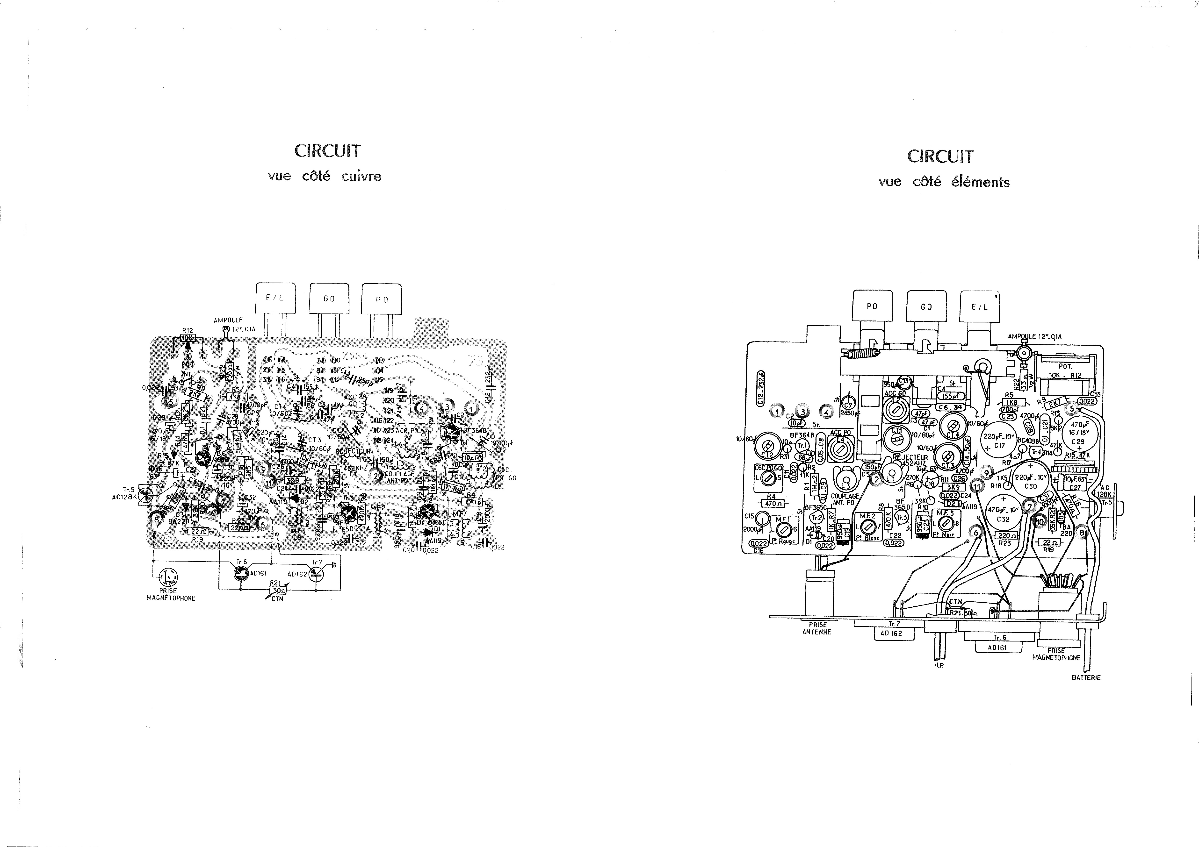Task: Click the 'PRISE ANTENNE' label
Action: [x=817, y=628]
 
